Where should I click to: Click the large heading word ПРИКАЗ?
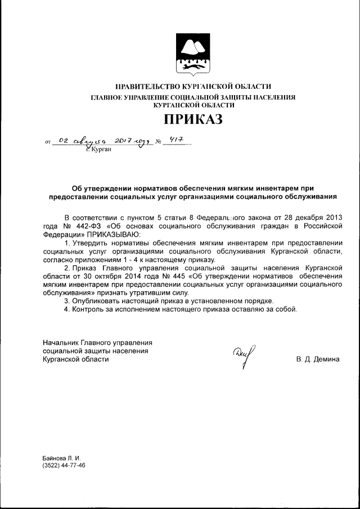193,119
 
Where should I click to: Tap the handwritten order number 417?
177,142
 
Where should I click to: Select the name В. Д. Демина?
318,359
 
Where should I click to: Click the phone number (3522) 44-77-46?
64,466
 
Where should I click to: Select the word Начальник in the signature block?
60,343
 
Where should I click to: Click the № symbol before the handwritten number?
157,143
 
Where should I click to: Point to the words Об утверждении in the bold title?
102,188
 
